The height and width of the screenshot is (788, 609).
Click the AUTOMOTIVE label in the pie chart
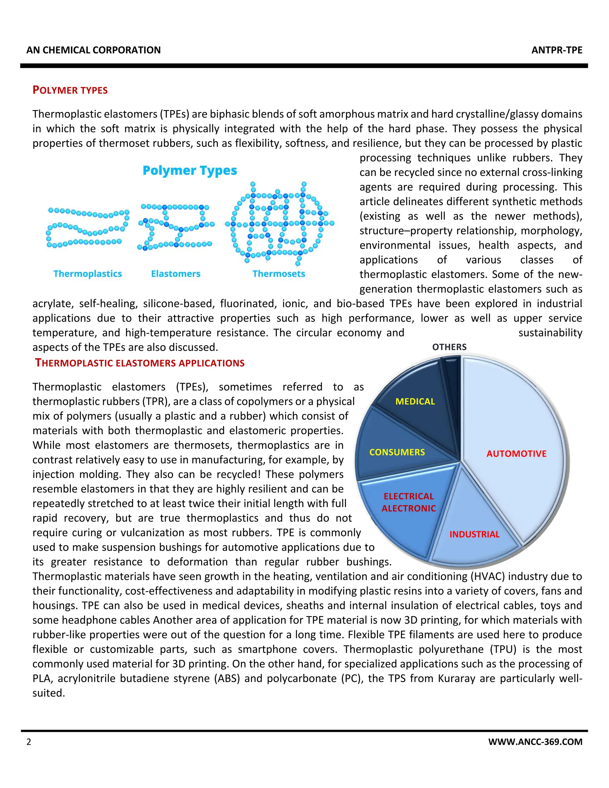point(516,453)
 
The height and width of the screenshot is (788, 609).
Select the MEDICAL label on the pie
point(415,401)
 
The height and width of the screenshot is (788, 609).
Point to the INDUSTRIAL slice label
point(474,534)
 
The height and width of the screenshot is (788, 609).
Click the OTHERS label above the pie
point(449,347)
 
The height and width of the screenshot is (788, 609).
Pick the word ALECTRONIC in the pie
point(409,508)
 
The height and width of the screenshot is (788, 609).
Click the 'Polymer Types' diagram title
point(190,170)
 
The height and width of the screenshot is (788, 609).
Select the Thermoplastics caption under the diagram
point(88,274)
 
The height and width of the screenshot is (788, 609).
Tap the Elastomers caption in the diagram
point(176,274)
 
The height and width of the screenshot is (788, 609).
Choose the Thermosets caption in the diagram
point(279,274)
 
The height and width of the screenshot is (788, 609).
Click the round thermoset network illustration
point(279,224)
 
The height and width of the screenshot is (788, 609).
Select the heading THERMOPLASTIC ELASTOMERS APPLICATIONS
point(140,363)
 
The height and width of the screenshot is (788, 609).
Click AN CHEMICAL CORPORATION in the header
point(93,50)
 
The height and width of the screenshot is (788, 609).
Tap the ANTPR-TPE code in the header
point(557,50)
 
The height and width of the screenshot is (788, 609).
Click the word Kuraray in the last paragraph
point(456,678)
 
